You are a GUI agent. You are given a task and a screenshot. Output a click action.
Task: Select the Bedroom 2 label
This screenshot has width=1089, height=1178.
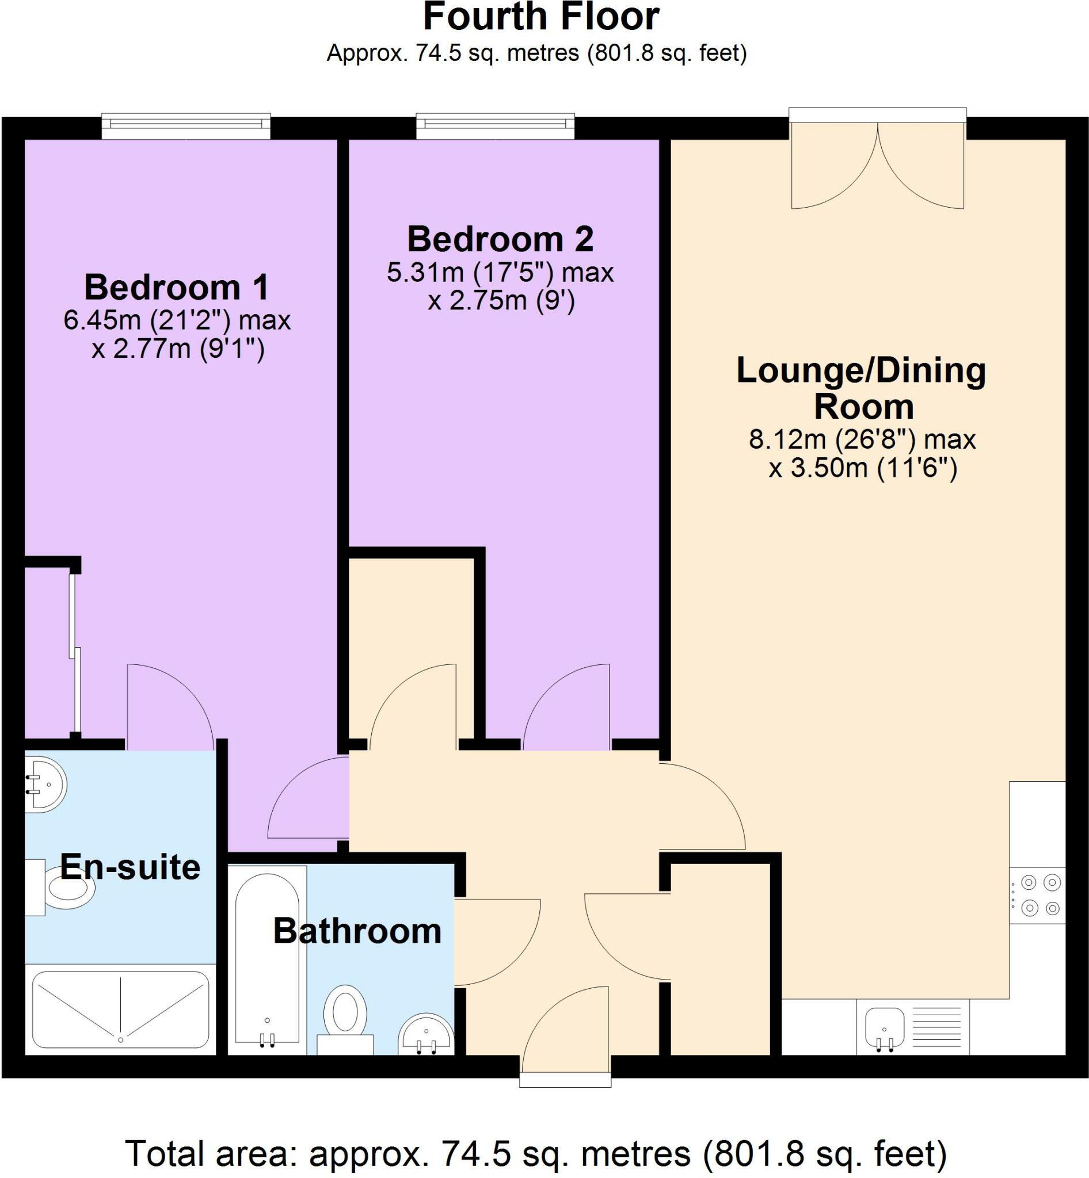tap(500, 239)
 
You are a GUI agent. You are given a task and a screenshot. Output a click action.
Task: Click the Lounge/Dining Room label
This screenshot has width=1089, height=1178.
tap(862, 388)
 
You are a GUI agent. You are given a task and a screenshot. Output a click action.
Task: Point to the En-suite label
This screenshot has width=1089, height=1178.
tap(130, 867)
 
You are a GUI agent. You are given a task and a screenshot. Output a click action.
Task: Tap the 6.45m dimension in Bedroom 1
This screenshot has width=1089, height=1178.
tap(102, 320)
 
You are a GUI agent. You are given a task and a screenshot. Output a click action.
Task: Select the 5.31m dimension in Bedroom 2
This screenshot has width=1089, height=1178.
tap(425, 272)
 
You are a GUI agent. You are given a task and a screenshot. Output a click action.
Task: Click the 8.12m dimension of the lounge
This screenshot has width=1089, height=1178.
tap(787, 439)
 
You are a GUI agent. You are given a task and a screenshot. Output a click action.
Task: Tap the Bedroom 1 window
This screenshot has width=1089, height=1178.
tap(185, 126)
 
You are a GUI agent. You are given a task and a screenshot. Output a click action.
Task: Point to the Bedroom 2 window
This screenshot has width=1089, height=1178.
tap(495, 126)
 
